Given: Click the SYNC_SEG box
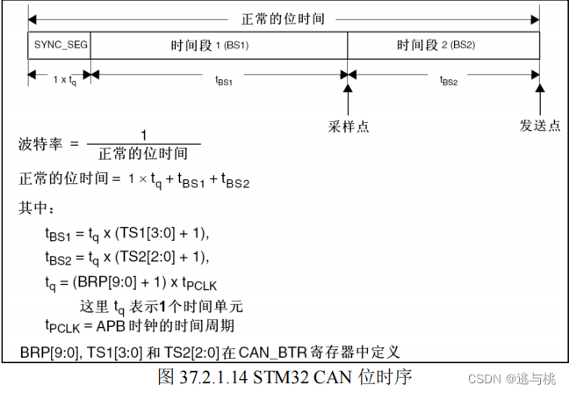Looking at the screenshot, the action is pyautogui.click(x=58, y=44).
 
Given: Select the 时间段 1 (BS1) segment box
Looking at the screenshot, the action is pyautogui.click(x=218, y=44).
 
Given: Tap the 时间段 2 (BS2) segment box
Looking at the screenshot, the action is pyautogui.click(x=443, y=44).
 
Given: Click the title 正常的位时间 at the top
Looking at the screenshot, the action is pyautogui.click(x=284, y=17).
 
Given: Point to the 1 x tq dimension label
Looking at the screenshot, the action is pyautogui.click(x=58, y=79).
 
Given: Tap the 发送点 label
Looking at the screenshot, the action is pyautogui.click(x=539, y=127).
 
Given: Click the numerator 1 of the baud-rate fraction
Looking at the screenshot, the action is pyautogui.click(x=142, y=135).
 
